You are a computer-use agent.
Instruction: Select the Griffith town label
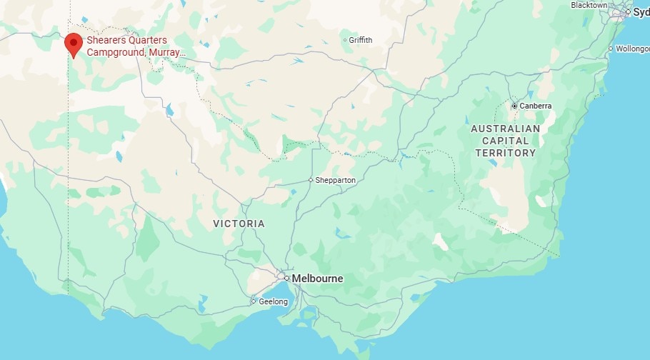361,40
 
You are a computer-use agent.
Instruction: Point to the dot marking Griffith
345,40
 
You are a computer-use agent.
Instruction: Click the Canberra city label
536,106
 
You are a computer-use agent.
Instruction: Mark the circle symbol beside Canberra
514,106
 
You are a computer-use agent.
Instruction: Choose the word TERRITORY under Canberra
505,153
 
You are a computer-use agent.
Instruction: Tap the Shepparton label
336,180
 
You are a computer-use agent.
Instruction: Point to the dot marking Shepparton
311,180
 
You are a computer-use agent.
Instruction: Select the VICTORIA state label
239,224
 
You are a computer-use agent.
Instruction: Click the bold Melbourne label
318,279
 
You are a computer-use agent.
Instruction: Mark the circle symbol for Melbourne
286,278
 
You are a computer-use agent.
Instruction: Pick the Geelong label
273,301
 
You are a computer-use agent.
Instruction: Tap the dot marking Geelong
253,301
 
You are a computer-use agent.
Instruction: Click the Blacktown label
589,5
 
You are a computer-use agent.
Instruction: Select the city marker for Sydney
628,12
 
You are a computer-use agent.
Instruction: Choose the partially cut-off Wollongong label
633,49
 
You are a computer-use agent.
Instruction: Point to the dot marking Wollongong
611,49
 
